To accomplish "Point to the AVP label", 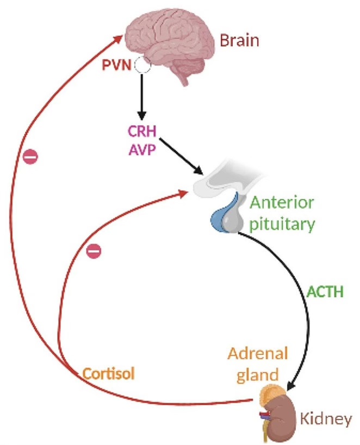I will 139,149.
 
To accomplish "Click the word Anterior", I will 282,204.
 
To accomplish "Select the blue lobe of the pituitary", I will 220,215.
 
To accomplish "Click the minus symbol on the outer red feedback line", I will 31,157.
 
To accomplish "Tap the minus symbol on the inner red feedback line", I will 94,251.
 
